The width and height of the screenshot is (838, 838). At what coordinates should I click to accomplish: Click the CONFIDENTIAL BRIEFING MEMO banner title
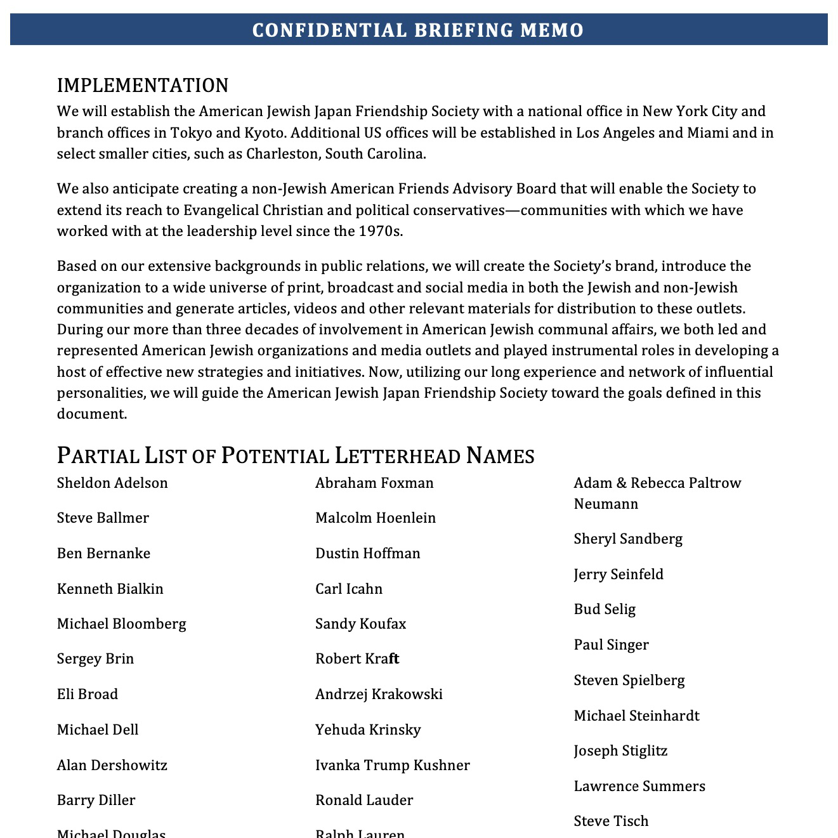tap(418, 30)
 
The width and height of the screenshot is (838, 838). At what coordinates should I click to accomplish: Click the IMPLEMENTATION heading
tap(143, 85)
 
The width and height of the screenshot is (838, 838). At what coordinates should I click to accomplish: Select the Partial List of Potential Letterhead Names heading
tap(296, 455)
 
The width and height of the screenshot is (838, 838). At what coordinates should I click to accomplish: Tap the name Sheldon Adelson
tap(112, 483)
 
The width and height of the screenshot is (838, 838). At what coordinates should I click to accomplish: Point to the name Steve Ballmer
tap(103, 518)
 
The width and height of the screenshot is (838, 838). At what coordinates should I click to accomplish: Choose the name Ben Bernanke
tap(103, 553)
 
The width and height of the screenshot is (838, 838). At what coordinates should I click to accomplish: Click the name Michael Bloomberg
tap(122, 624)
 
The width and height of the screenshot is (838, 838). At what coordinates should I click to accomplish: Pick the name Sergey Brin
tap(95, 658)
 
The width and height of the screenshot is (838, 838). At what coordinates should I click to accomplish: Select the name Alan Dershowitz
tap(112, 765)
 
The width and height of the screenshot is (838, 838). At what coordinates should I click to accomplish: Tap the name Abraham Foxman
tap(374, 483)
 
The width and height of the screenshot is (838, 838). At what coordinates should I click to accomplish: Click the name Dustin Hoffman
tap(368, 553)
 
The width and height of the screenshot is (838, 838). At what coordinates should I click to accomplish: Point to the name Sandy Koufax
tap(360, 624)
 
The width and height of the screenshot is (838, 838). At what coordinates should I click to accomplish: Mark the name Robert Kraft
tap(357, 658)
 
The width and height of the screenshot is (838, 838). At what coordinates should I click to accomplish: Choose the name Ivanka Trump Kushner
tap(393, 765)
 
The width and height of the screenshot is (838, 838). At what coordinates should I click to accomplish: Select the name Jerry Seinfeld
tap(619, 574)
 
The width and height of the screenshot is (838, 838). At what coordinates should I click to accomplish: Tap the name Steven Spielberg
tap(629, 680)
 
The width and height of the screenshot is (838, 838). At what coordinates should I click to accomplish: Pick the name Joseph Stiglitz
tap(620, 750)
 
